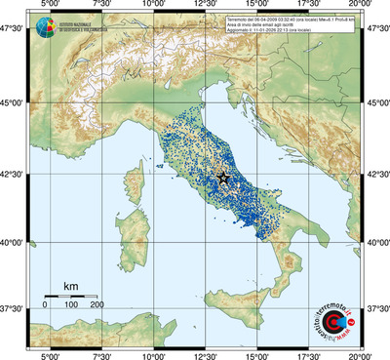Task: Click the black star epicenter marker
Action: [223, 179]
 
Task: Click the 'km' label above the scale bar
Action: [70, 286]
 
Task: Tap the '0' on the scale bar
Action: [45, 305]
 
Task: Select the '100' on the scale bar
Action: [70, 305]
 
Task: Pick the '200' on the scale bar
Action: [97, 305]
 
